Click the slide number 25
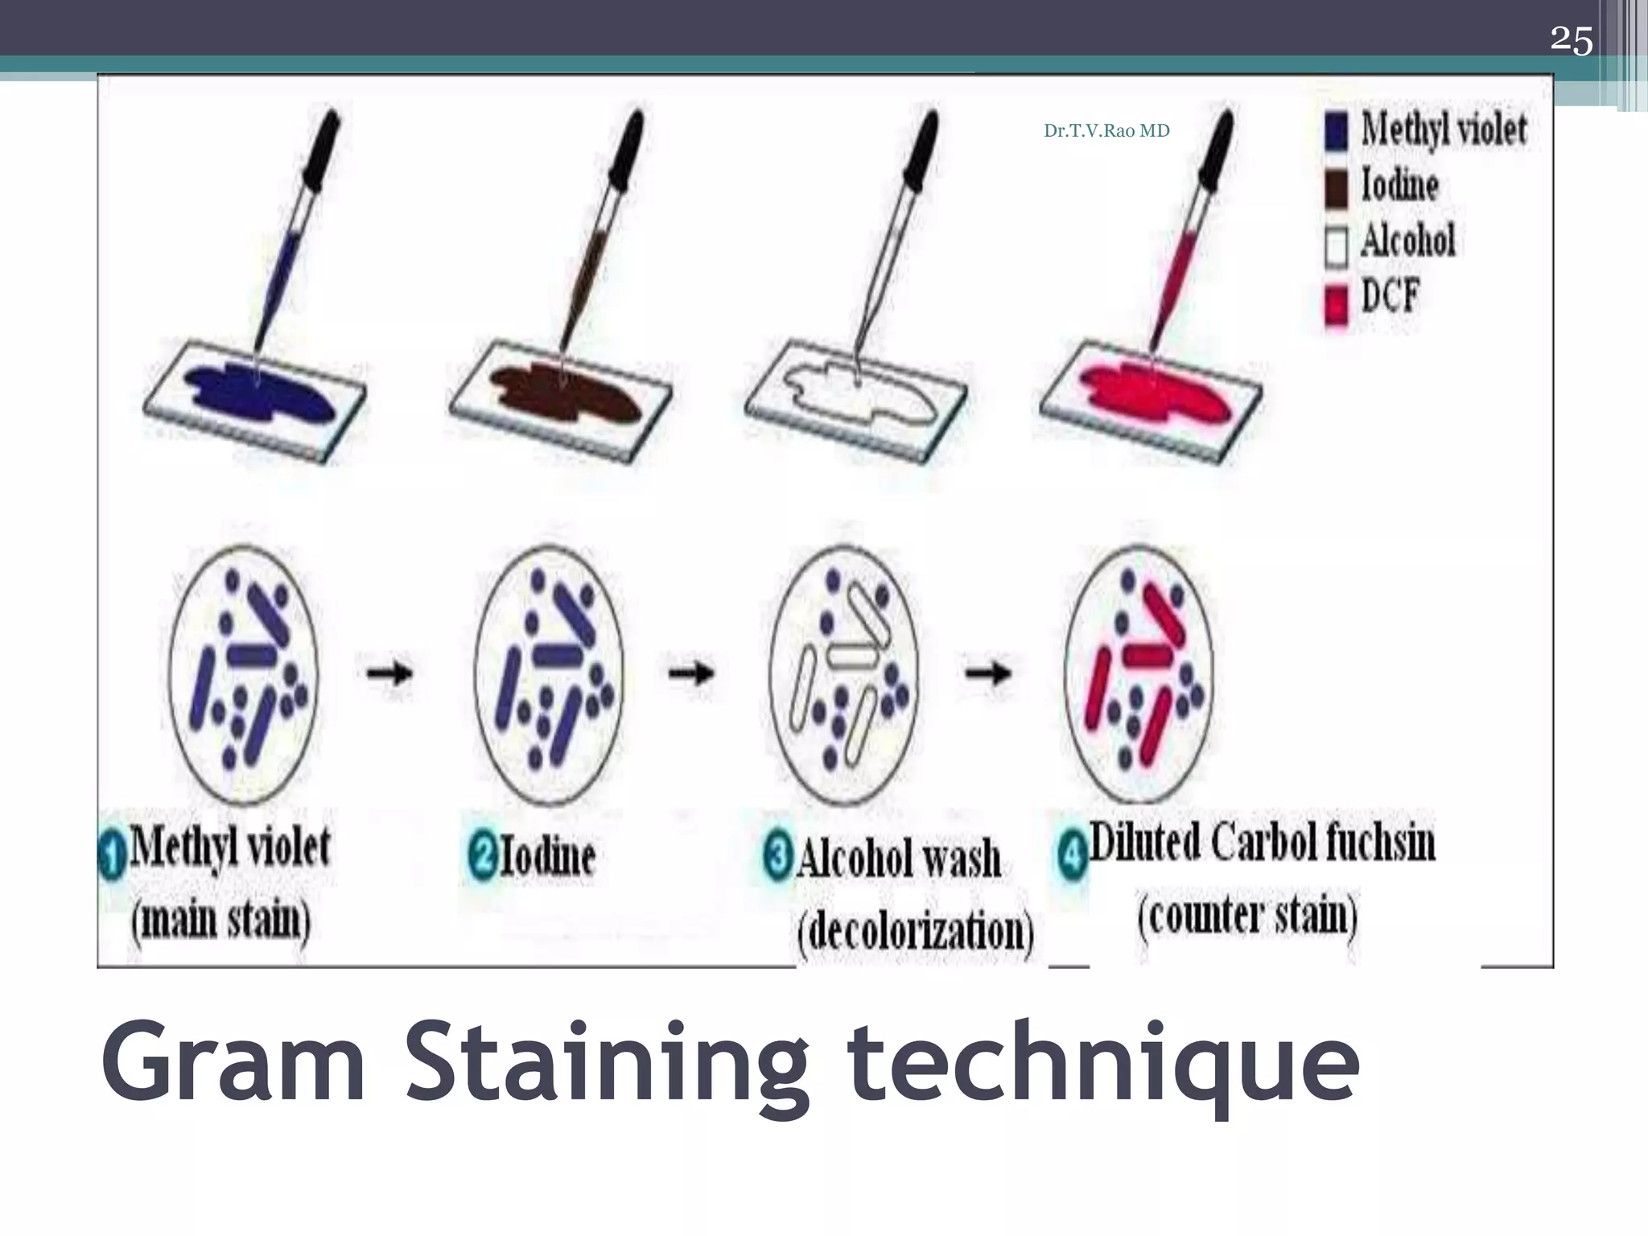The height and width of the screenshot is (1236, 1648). pos(1571,39)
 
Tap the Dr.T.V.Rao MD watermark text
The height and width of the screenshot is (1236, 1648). pos(1106,131)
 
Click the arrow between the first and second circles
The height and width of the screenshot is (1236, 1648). pos(390,672)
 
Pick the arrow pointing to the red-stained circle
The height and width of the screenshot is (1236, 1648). pos(988,672)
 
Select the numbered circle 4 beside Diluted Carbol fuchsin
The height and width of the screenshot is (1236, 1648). pos(1071,856)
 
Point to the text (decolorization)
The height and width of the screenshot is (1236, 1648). pos(915,932)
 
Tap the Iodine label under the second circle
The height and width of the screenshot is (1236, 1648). pos(547,856)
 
